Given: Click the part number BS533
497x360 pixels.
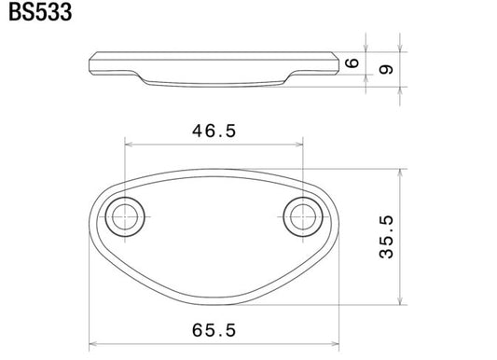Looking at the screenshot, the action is [40, 12].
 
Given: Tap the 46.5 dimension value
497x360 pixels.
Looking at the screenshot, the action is [214, 131].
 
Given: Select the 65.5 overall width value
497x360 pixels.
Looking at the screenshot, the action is [214, 330].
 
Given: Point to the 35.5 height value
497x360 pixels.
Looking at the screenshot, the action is [386, 237].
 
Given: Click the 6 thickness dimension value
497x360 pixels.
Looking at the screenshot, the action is [352, 63].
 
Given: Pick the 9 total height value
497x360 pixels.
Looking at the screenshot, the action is [386, 69].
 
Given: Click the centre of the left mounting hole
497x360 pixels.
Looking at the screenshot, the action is [125, 216].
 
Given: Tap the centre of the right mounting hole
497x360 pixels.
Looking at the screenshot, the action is [303, 216].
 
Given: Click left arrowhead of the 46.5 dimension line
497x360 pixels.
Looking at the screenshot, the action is [129, 145].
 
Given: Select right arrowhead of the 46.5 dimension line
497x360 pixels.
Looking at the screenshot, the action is [299, 145].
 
